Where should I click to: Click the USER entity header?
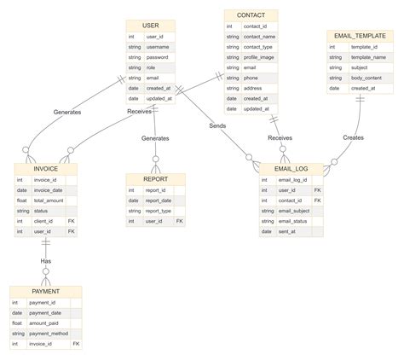point(150,26)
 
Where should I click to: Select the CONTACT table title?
point(251,15)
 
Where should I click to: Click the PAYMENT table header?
point(45,292)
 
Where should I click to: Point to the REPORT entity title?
point(155,179)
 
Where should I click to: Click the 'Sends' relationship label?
point(218,126)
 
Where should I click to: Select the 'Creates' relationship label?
point(353,137)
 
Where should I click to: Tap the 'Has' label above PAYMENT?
point(46,260)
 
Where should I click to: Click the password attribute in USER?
point(158,57)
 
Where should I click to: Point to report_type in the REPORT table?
point(159,211)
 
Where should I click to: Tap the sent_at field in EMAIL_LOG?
point(286,231)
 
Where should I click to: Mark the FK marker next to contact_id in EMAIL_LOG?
point(317,200)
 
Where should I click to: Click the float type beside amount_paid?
point(16,323)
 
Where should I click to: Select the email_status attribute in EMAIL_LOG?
point(291,221)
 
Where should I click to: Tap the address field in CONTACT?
point(253,88)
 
